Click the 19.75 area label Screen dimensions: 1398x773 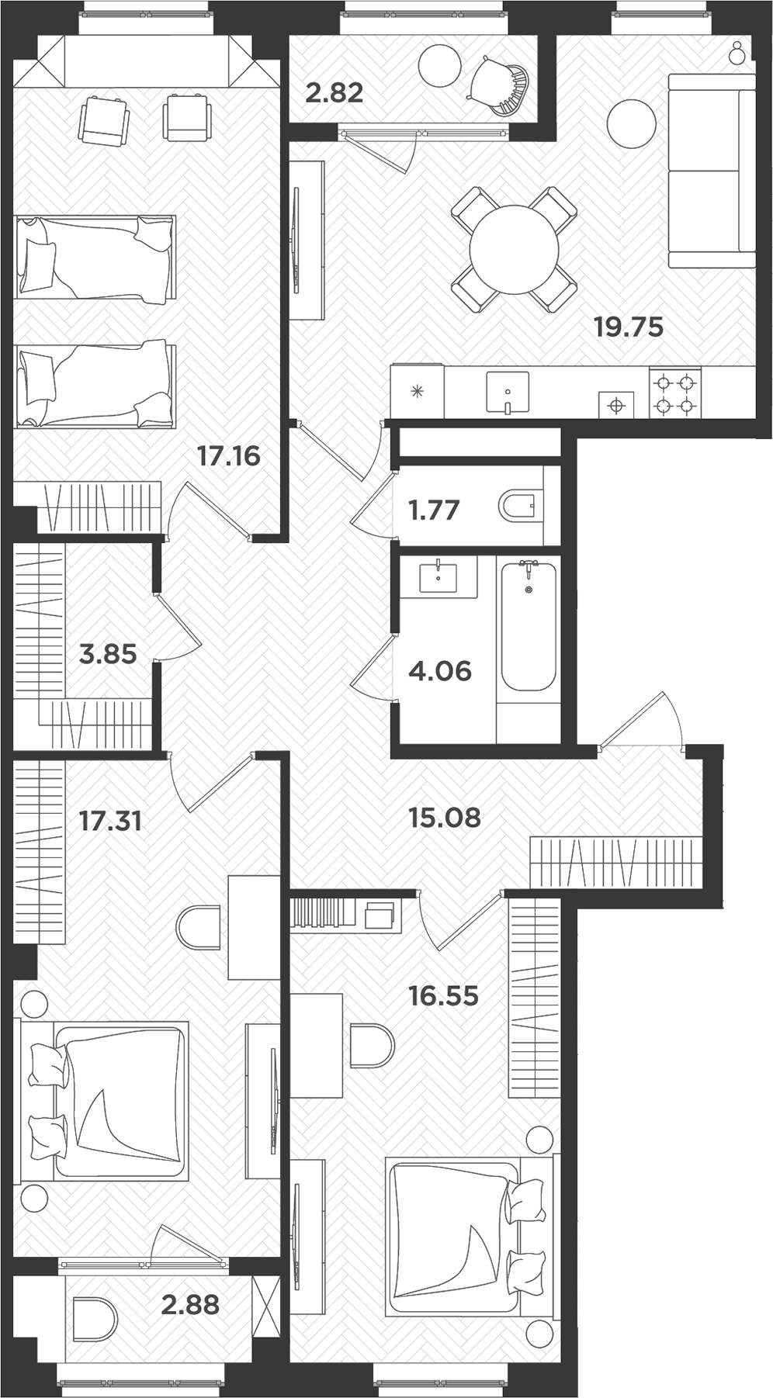[x=629, y=327]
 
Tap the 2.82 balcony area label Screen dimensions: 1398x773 [x=334, y=93]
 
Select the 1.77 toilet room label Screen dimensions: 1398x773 [x=434, y=510]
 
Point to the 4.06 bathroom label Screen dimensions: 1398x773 [x=440, y=670]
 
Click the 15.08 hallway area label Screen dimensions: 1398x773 [x=445, y=817]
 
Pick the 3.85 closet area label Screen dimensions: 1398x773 [x=108, y=654]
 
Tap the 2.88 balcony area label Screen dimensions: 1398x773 [x=190, y=1304]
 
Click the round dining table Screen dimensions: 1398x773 [x=514, y=249]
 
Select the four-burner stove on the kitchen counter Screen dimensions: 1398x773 [x=674, y=393]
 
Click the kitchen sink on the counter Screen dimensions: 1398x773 [x=508, y=391]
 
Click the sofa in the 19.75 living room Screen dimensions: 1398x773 [x=712, y=171]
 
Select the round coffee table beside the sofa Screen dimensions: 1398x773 [x=632, y=124]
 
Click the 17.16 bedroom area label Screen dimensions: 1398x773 [x=228, y=455]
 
